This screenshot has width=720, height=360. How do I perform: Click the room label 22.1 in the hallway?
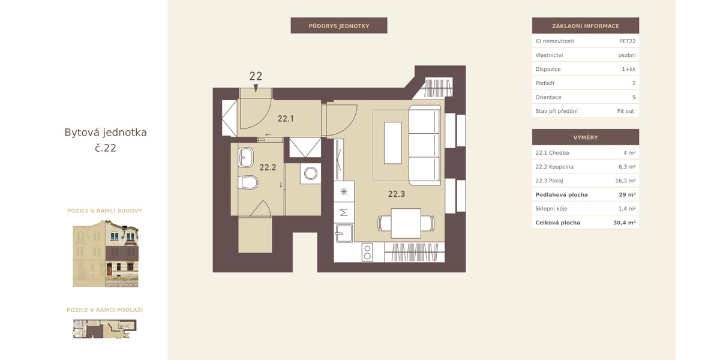point(286,119)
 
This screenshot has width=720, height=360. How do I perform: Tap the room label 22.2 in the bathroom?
point(268,167)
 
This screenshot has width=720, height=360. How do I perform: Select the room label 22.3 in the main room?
point(397,194)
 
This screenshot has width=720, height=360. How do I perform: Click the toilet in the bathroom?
point(248,182)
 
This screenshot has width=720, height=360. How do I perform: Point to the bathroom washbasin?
point(246,157)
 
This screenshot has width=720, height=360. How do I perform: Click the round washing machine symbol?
point(311,173)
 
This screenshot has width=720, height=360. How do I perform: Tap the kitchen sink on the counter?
point(344,233)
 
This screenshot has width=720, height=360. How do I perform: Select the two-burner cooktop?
point(367,252)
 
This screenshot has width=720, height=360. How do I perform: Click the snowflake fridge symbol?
point(344,192)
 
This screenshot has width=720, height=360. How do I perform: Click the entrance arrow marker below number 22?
point(256,88)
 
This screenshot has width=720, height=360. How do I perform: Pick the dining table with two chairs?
point(406,223)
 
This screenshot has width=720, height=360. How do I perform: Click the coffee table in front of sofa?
point(393,143)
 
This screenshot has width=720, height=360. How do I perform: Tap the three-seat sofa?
point(425,145)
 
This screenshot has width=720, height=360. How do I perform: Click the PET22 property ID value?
point(627,41)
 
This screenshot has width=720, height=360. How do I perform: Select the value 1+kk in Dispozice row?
point(629,69)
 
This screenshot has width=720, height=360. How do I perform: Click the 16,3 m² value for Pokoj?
point(625,181)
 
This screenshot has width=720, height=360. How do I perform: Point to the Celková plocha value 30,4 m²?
point(624,223)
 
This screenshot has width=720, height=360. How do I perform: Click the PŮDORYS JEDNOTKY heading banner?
point(339,26)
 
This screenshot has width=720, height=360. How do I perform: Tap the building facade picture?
point(106,254)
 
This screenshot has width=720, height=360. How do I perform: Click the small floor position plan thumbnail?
point(105,329)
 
